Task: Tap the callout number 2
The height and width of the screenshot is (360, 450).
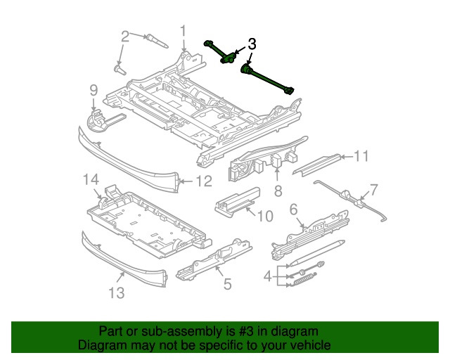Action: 125,36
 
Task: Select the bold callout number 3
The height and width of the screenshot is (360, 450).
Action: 252,44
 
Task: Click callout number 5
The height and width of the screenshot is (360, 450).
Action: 227,284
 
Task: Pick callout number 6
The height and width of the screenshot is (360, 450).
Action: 294,208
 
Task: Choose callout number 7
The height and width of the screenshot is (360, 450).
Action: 373,188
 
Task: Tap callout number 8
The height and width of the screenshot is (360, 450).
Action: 277,191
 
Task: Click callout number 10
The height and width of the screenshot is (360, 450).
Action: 264,216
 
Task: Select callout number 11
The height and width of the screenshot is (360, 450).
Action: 361,155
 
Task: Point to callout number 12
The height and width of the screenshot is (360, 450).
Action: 202,181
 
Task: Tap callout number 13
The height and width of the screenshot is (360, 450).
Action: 116,291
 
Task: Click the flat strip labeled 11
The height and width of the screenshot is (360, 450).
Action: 320,164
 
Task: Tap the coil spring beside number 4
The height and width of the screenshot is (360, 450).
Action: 303,281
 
